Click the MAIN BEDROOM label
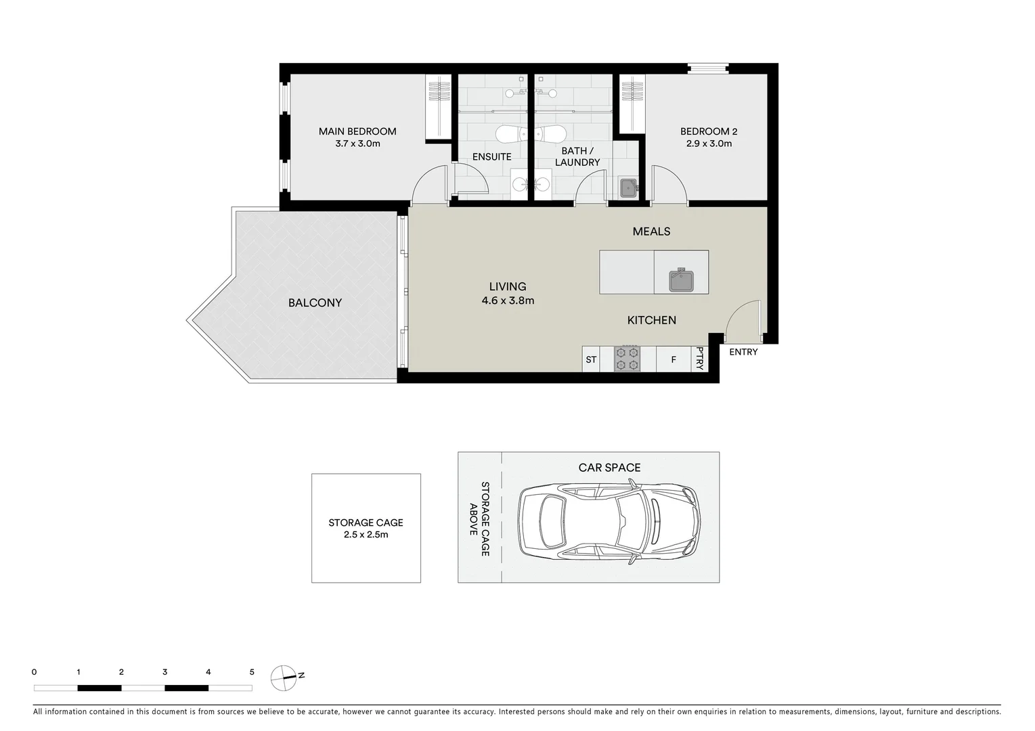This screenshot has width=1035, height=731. click(x=357, y=131)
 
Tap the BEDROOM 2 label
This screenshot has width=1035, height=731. click(x=709, y=131)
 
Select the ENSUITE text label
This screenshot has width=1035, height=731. click(x=491, y=157)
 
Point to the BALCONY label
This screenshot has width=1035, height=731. click(x=315, y=303)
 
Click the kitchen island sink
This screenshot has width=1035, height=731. click(x=681, y=279)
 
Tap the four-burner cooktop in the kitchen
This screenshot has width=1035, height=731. click(x=626, y=359)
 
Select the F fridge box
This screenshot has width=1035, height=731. click(x=674, y=359)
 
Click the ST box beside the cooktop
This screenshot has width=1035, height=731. click(x=591, y=359)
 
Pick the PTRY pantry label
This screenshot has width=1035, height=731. click(x=700, y=359)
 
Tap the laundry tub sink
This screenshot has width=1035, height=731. click(x=628, y=187)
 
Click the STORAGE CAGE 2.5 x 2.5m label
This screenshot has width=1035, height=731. click(x=366, y=529)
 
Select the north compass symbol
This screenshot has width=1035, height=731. click(x=284, y=677)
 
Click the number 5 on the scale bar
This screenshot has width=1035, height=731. click(x=252, y=672)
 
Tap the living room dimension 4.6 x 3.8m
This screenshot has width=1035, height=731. click(x=508, y=301)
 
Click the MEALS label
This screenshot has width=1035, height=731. click(x=651, y=231)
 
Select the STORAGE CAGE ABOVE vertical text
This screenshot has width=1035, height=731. click(x=479, y=519)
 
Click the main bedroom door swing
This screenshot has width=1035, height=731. click(x=428, y=185)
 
